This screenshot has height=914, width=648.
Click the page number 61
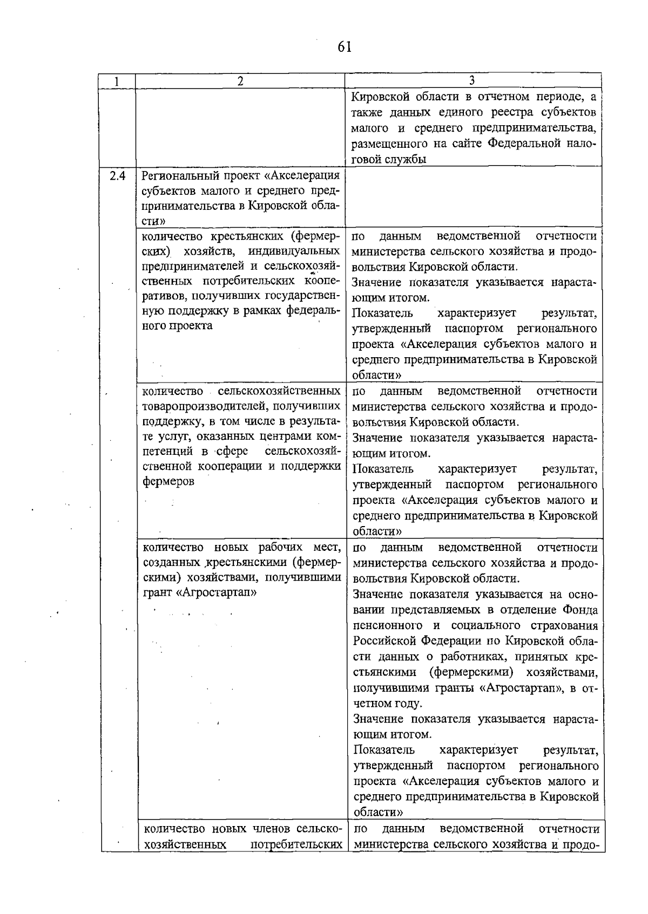345,47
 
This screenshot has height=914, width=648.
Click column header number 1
117,81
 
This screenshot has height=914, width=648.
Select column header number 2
240,81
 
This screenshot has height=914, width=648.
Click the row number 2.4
117,176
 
